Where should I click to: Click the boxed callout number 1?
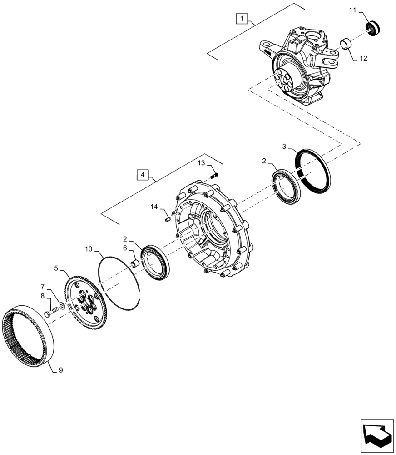pyautogui.click(x=242, y=19)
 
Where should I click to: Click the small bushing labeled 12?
pyautogui.click(x=347, y=45)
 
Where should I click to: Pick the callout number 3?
pyautogui.click(x=284, y=147)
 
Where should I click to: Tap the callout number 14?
pyautogui.click(x=154, y=207)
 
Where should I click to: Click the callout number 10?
pyautogui.click(x=89, y=249)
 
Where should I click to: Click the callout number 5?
pyautogui.click(x=56, y=268)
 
